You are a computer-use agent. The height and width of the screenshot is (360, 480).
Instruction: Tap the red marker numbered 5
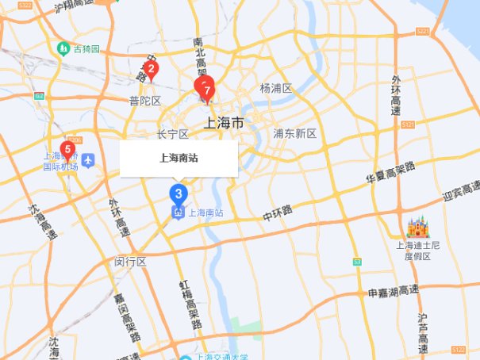[x=67, y=149]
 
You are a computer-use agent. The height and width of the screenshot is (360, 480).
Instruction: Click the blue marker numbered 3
[x=179, y=193]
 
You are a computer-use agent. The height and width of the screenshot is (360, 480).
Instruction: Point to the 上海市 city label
[x=224, y=121]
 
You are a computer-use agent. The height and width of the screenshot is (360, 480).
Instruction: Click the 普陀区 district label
[x=145, y=101]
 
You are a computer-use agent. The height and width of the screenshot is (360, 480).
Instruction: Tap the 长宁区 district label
[x=172, y=134]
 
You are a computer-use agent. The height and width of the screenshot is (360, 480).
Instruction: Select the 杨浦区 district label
[x=276, y=88]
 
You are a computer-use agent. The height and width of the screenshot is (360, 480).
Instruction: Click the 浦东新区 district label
[x=294, y=133]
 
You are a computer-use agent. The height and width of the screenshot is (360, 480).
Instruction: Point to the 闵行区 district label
[x=130, y=261]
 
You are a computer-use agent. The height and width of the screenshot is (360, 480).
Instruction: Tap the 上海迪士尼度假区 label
[x=417, y=251]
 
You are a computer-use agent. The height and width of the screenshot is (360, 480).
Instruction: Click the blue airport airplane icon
[x=87, y=159]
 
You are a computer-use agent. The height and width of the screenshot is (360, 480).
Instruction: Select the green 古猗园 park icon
[x=63, y=49]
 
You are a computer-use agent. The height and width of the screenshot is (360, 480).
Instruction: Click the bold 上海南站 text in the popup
[x=179, y=158]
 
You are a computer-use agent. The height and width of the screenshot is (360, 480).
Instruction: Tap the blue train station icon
[x=179, y=212]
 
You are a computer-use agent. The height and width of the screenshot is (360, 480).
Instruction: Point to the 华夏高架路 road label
[x=390, y=174]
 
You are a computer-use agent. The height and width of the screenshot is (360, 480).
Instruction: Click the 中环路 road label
[x=278, y=213]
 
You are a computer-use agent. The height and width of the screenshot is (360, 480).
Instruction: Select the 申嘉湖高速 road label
[x=394, y=293]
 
